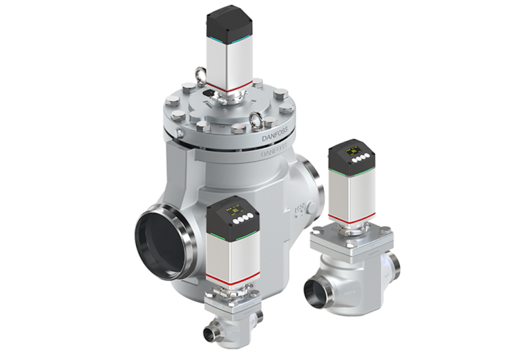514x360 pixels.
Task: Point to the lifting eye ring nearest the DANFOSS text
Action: click(258, 122)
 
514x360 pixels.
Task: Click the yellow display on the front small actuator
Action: click(235, 208)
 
